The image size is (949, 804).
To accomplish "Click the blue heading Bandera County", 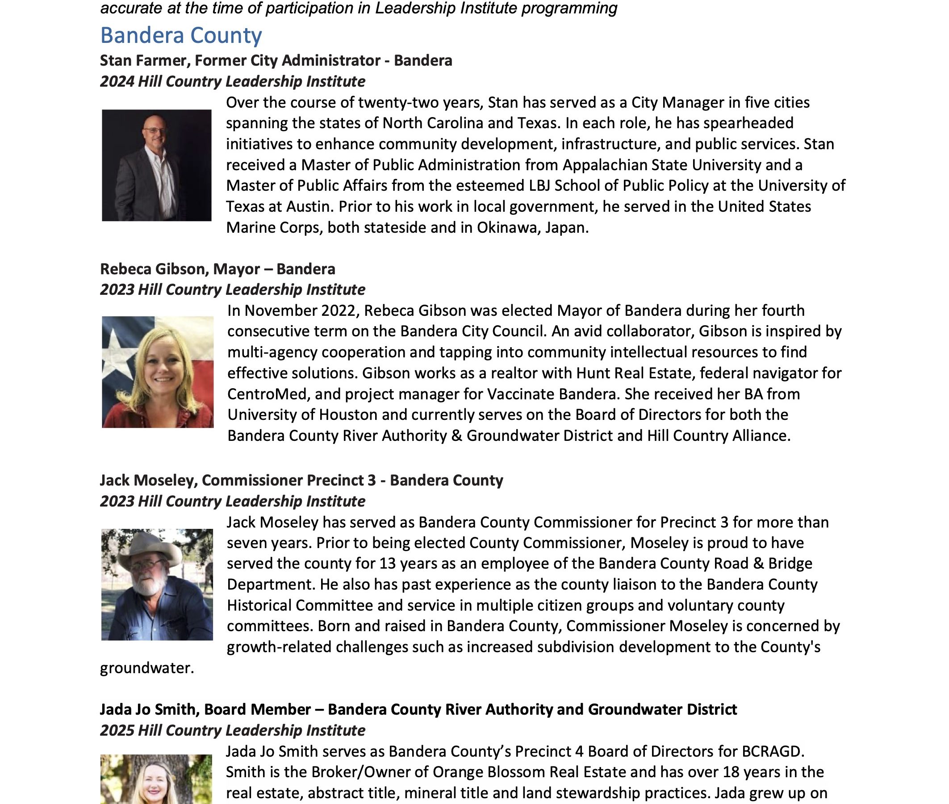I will pos(181,36).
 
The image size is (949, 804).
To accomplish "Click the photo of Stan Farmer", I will pos(156,165).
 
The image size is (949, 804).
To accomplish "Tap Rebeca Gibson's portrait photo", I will pos(158,372).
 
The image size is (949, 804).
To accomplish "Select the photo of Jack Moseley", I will pos(157,584).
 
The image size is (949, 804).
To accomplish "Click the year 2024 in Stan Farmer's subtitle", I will pos(117,82).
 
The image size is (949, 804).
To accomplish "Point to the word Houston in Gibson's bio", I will pos(348,415).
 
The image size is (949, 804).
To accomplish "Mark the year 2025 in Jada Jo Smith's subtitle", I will pos(117,730).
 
